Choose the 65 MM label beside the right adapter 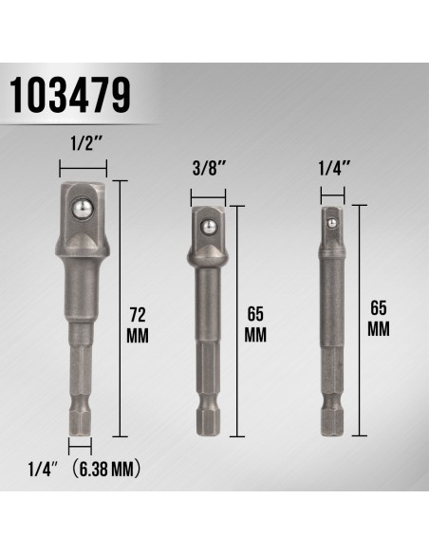coord(379,318)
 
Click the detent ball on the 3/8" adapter coord(208,226)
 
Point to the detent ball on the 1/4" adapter coord(331,223)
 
